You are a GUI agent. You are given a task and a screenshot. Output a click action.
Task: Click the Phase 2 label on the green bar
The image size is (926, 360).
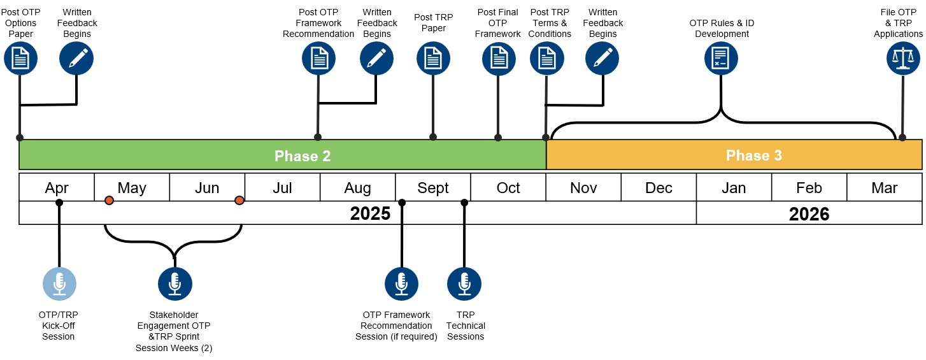tap(303, 155)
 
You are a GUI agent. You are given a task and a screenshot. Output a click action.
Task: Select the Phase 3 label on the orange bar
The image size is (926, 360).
tap(753, 155)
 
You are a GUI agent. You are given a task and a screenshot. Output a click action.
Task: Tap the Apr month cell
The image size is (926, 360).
tap(57, 188)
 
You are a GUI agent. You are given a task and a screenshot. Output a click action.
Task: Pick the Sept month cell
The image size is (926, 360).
tap(433, 188)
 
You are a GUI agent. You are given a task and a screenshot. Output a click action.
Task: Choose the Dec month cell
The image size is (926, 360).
tap(659, 188)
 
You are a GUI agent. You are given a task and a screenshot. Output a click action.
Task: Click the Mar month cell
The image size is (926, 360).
tap(884, 188)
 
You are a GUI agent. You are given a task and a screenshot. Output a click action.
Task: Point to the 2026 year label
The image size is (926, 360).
tap(809, 213)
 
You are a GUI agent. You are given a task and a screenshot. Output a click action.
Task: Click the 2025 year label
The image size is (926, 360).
tap(370, 213)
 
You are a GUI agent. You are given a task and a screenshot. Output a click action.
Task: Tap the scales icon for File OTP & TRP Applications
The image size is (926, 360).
tap(903, 59)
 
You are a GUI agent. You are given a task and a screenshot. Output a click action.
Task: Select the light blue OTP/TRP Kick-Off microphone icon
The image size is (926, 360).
tap(59, 284)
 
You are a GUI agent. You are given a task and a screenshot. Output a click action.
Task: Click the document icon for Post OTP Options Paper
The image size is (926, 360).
tap(20, 59)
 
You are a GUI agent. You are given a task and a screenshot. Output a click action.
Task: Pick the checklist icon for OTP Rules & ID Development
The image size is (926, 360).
tap(721, 59)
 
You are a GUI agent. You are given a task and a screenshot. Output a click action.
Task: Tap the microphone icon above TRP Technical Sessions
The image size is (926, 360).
tap(464, 284)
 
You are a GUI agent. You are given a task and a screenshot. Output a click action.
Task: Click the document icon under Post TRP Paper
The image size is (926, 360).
tap(433, 59)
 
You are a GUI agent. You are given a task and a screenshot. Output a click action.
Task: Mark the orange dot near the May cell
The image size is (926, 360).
tap(109, 201)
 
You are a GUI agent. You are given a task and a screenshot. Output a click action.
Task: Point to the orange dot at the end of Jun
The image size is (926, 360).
tap(239, 201)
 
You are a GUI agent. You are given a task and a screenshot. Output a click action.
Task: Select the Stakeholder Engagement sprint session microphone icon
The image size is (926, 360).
tap(175, 284)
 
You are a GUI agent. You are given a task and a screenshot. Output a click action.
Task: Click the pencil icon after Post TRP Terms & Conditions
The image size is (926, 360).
tap(602, 59)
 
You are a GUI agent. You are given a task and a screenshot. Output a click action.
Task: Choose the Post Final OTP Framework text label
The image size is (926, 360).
tap(497, 23)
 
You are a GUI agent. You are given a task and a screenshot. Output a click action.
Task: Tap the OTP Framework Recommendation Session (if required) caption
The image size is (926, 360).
tap(396, 326)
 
